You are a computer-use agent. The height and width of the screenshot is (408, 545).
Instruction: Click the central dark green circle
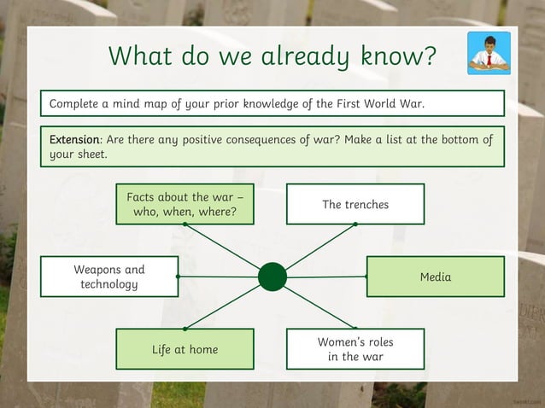272,277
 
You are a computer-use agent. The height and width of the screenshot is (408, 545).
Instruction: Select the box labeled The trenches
355,204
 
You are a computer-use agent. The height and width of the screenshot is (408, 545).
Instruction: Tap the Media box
436,277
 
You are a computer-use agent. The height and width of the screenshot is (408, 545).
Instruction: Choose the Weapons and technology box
109,277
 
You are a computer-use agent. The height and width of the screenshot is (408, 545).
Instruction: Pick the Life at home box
185,349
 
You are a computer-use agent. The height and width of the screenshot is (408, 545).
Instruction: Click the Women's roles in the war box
355,349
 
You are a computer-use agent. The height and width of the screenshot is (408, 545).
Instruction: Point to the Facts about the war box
185,204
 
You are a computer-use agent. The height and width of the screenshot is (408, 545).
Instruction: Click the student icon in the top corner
489,53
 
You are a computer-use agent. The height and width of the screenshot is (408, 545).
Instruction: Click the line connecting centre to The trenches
320,247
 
